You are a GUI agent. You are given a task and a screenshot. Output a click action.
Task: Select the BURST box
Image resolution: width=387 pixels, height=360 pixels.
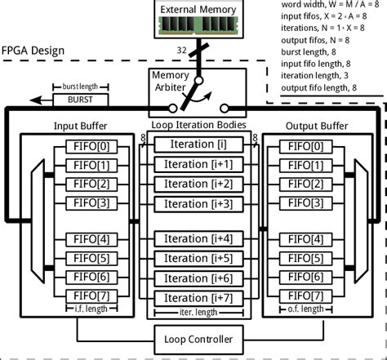[x=76, y=100]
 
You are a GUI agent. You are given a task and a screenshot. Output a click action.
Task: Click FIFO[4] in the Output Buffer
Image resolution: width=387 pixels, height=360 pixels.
[x=309, y=240]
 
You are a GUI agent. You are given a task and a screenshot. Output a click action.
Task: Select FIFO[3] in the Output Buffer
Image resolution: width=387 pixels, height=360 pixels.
[x=309, y=203]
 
